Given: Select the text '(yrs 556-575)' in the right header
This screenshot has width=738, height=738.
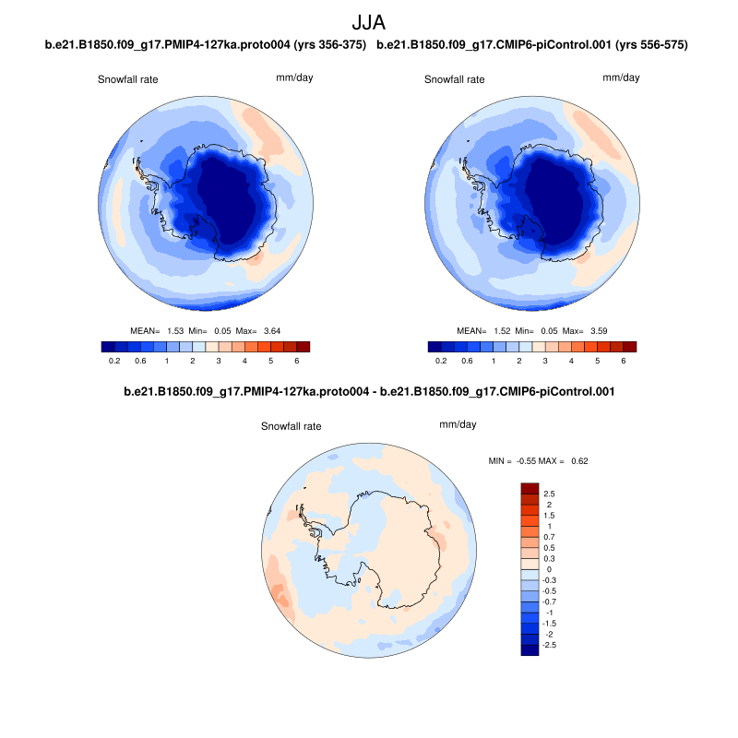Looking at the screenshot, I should click(652, 44).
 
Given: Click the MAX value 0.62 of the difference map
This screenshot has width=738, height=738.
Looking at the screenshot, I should click(579, 459).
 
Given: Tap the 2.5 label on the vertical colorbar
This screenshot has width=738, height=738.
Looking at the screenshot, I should click(549, 494).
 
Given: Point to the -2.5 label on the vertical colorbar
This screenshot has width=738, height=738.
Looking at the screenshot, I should click(551, 645).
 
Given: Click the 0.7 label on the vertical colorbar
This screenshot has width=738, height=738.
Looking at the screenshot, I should click(549, 537).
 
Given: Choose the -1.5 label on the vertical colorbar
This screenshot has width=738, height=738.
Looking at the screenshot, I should click(551, 624).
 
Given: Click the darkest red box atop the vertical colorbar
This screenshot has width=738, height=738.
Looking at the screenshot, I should click(530, 488).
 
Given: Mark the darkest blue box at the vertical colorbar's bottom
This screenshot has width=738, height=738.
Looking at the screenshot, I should click(530, 649).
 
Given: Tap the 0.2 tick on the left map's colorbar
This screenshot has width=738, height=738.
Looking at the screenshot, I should click(114, 362).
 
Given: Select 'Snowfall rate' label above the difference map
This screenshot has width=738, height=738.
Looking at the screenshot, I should click(291, 427).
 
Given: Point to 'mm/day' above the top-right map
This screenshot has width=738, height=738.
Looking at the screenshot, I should click(621, 77).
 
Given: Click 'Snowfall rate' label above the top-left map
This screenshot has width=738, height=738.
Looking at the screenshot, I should click(128, 79).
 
